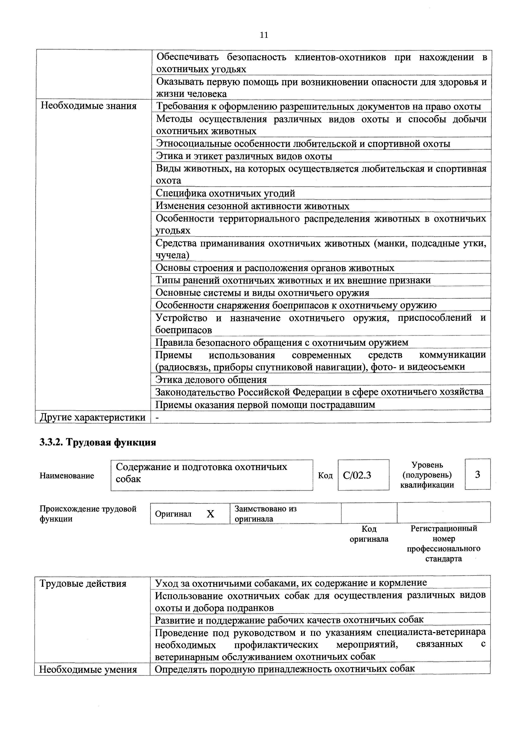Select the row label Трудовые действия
83,583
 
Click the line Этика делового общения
211,380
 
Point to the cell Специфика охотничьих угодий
225,193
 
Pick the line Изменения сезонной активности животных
252,206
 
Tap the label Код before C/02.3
325,475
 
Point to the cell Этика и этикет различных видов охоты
244,156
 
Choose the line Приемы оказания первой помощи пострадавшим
265,405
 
